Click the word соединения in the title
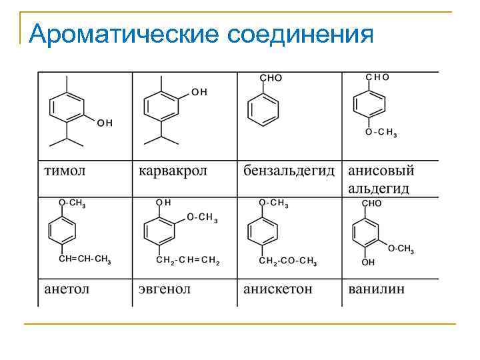[x=300, y=33]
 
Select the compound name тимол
[x=65, y=171]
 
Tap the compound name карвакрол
[x=173, y=171]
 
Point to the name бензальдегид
[x=289, y=171]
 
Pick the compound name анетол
[x=67, y=289]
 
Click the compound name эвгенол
[x=164, y=289]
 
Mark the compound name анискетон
[x=277, y=289]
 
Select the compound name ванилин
[x=376, y=289]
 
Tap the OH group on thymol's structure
[x=105, y=123]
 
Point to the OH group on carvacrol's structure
[x=199, y=92]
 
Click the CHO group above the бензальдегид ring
[x=271, y=78]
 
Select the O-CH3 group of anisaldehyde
[x=381, y=133]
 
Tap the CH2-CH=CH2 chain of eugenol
[x=187, y=261]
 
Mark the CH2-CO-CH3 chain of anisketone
[x=288, y=261]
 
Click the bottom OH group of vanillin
[x=368, y=263]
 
